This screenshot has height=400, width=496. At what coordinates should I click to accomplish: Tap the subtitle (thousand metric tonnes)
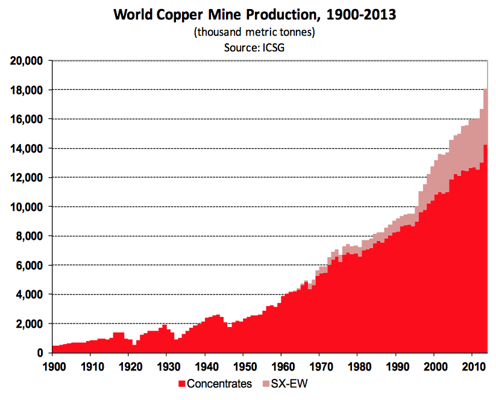[x=253, y=32]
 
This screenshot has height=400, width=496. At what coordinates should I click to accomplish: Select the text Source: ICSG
[x=253, y=48]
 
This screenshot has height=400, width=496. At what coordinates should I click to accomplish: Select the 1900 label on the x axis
[x=52, y=366]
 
